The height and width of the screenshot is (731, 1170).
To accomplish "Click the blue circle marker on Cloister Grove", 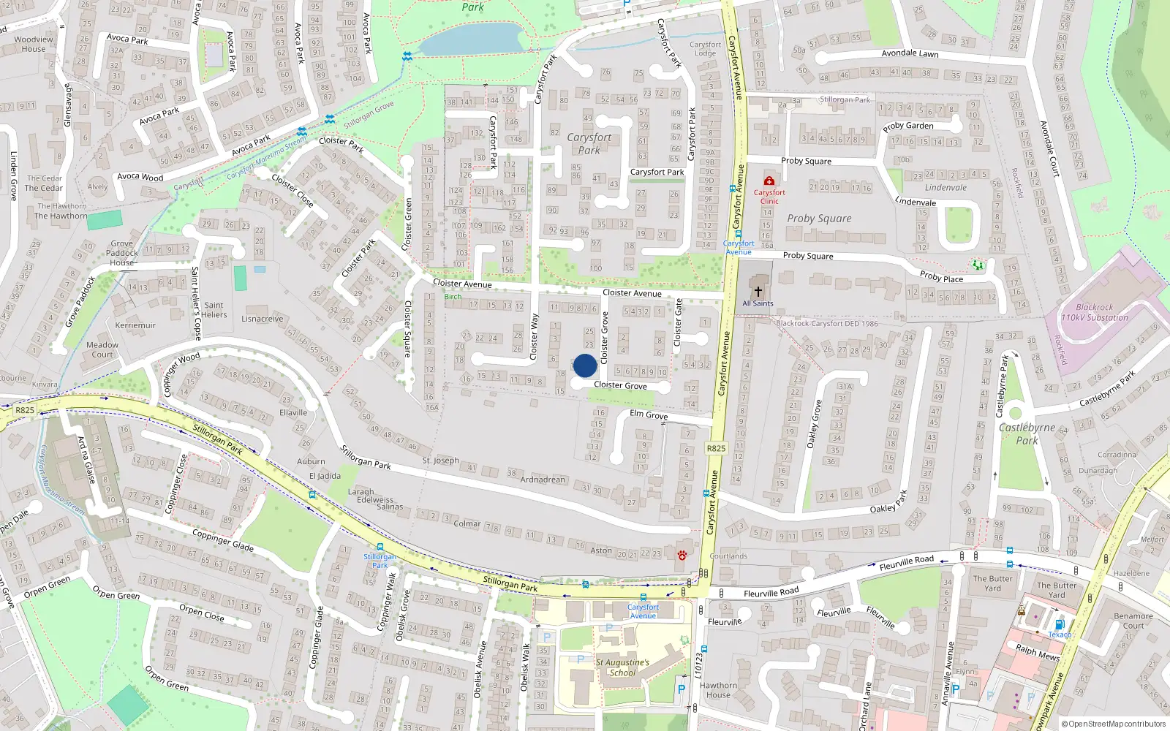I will (x=584, y=365).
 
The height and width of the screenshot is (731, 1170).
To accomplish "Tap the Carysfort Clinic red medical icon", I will (x=769, y=181).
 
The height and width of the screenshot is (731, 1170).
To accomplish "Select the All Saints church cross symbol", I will (x=758, y=291).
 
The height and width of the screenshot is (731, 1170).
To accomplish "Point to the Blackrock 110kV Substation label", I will (x=1094, y=312).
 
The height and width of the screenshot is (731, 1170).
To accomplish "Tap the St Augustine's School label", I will (x=622, y=667).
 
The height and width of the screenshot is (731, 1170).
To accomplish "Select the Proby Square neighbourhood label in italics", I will (x=819, y=219).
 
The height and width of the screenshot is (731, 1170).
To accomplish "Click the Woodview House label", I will (x=34, y=44).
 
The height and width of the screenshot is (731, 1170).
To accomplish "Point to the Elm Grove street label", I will (x=649, y=414).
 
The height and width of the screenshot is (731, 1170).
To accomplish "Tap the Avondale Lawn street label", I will (x=910, y=53).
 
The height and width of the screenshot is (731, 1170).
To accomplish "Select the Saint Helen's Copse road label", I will (x=196, y=303).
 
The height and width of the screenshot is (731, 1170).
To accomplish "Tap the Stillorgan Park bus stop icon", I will (x=380, y=547).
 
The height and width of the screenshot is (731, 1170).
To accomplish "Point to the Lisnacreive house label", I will (x=262, y=319).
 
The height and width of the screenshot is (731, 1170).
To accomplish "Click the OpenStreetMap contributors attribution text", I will (x=1113, y=724).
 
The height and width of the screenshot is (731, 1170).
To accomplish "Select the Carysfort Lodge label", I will (x=705, y=49).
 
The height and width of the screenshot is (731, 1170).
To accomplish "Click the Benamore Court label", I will (x=1133, y=621).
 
